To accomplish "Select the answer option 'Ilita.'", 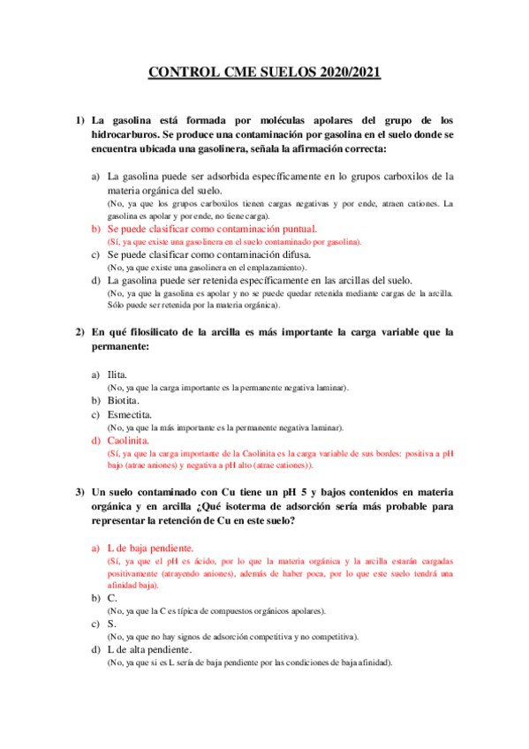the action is coord(117,374).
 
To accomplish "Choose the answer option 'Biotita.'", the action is coord(123,401).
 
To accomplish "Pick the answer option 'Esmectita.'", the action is coord(129,414).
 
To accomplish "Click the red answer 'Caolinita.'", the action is coord(128,440).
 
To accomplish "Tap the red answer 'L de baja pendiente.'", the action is coord(150,548).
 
